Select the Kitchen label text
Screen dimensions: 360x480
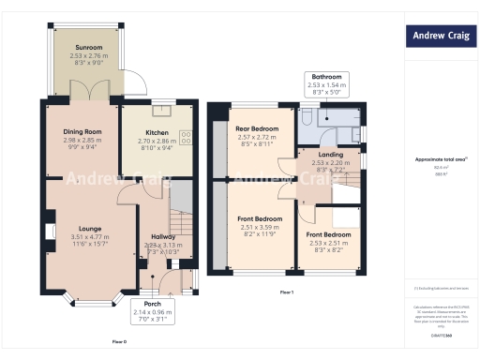[157, 132]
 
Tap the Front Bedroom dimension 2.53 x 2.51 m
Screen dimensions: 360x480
[329, 242]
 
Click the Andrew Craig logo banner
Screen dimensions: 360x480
[438, 37]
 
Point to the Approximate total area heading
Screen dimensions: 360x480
[438, 159]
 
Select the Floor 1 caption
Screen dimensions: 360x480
[287, 292]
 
